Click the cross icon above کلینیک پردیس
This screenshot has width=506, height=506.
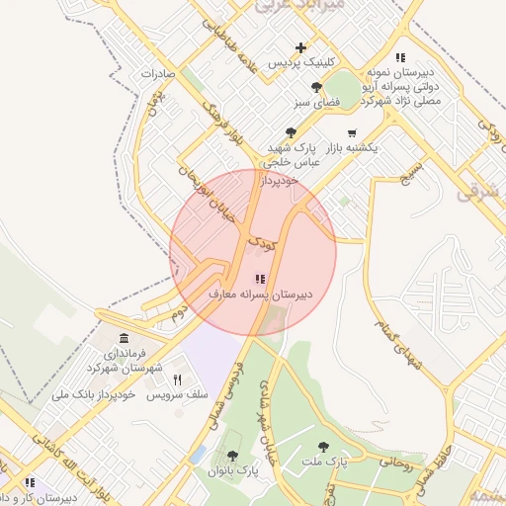coord(301,47)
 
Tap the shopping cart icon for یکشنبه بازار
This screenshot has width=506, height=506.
coord(352,132)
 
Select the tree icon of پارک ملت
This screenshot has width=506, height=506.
coord(323,446)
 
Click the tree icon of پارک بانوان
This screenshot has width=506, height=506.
coord(232,456)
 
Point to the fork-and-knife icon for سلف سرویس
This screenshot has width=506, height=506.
coord(178,379)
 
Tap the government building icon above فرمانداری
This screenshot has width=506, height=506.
coord(124,338)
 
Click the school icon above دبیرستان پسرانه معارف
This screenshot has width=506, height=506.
coord(260,280)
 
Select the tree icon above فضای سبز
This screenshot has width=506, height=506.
coord(316,87)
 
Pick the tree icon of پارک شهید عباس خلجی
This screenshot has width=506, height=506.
coord(291,132)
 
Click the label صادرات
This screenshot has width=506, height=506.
coord(157,73)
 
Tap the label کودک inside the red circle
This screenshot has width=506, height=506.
coord(259,241)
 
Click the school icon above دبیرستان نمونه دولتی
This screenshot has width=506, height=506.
coord(400,57)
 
